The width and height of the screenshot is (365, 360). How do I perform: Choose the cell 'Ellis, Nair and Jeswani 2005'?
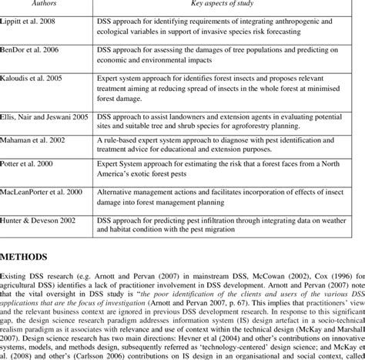pyautogui.click(x=46, y=116)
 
